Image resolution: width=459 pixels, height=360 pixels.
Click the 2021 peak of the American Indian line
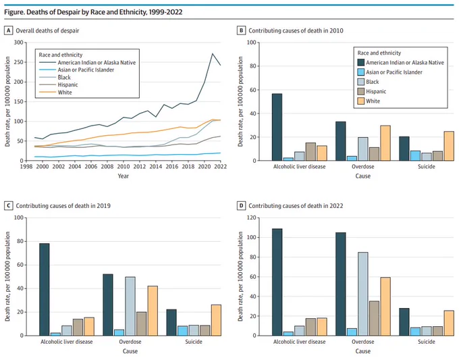click(212, 53)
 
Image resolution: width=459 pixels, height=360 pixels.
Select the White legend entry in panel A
click(55, 93)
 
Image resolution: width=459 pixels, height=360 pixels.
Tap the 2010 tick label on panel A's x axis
click(124, 166)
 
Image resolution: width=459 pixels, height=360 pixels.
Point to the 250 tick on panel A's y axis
click(18, 62)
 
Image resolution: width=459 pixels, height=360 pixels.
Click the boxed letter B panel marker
click(241, 30)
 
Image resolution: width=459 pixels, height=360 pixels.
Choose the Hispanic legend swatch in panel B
click(361, 91)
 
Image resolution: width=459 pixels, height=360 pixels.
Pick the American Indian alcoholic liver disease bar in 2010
click(277, 127)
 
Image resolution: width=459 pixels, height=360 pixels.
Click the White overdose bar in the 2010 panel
click(385, 143)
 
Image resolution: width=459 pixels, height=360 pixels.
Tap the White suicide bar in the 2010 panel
click(449, 146)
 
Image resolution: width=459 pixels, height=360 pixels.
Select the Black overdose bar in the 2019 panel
click(130, 307)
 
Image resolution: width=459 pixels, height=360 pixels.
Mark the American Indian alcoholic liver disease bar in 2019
click(44, 290)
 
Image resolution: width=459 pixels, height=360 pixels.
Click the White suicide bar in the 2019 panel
click(216, 320)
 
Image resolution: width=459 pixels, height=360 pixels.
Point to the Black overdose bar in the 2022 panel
click(363, 294)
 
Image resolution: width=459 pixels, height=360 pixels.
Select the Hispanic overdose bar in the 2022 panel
click(374, 318)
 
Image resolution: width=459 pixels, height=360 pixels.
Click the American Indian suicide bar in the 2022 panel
click(404, 322)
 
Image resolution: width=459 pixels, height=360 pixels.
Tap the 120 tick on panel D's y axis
click(252, 217)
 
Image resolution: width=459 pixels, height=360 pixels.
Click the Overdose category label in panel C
click(130, 342)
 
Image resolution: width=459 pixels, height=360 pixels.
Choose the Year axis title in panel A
click(124, 176)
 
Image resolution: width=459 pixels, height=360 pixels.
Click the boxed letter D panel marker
click(241, 205)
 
